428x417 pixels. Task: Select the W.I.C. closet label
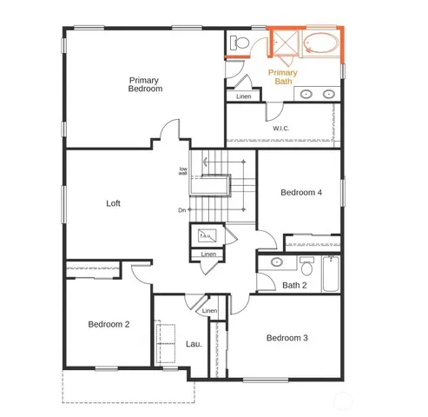280,129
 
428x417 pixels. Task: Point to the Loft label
114,204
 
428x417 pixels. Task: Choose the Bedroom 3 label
286,338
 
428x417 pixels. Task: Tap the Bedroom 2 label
109,324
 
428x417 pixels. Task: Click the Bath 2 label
293,285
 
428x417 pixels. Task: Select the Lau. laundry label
194,343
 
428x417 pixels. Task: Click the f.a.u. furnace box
206,233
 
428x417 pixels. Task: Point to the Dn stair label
182,210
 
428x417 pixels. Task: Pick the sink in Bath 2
276,261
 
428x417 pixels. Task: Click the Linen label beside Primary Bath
243,96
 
